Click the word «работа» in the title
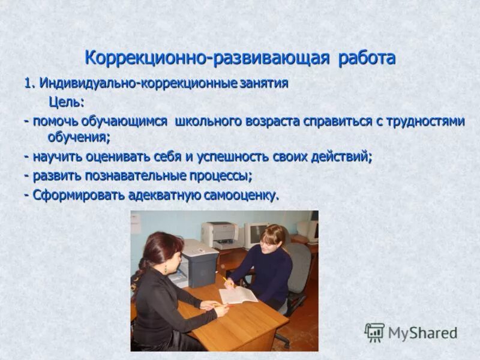[x=367, y=58]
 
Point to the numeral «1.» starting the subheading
[x=30, y=83]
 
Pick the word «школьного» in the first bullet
[x=208, y=121]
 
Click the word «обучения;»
[x=79, y=137]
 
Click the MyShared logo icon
[x=375, y=332]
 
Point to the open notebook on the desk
[x=238, y=295]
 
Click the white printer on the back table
[x=219, y=235]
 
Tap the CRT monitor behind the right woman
[x=254, y=233]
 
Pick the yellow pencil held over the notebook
[x=227, y=281]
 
